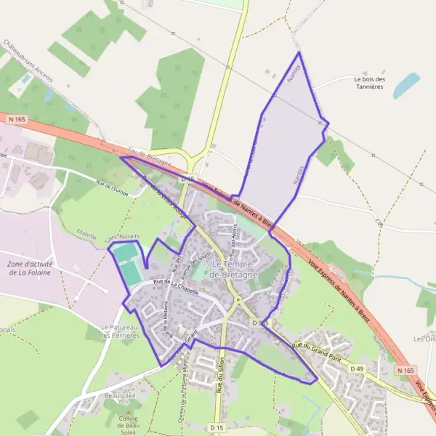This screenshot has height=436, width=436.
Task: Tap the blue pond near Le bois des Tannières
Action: pos(406,85)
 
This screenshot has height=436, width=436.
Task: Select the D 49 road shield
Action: pos(357,369)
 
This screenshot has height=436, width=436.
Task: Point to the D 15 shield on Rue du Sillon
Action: pos(217,428)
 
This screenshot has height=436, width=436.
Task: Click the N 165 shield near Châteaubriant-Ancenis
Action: pos(17,118)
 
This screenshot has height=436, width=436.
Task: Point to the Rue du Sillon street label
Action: pos(218,374)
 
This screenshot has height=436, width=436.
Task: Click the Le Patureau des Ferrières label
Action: pos(120,331)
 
